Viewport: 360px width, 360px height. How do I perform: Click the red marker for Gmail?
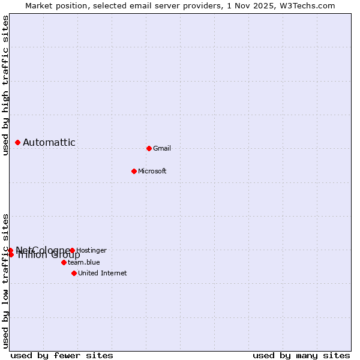point(149,148)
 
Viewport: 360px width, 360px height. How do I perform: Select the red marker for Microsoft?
point(134,171)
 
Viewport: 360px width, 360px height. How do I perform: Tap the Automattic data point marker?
point(18,142)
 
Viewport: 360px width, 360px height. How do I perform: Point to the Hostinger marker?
point(72,250)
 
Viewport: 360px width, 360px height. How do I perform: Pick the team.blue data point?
point(64,262)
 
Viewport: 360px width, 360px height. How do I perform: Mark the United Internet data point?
point(74,273)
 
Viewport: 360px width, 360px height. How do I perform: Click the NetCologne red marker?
point(11,250)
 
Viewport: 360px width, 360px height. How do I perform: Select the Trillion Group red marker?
point(11,254)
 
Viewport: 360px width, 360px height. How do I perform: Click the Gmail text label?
point(162,148)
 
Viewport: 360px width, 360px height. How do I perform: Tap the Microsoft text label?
point(152,171)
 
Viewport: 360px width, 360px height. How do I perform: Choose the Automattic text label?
point(49,142)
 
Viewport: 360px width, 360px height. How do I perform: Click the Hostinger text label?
point(92,250)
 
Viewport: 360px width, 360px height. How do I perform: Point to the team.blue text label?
point(84,262)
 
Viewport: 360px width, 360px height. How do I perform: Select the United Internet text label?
point(103,273)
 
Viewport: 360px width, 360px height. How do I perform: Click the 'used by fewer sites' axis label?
point(62,355)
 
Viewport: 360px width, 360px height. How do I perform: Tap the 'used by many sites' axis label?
point(301,355)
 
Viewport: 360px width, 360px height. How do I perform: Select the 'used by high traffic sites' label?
point(5,85)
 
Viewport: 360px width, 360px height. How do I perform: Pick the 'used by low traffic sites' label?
point(5,280)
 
